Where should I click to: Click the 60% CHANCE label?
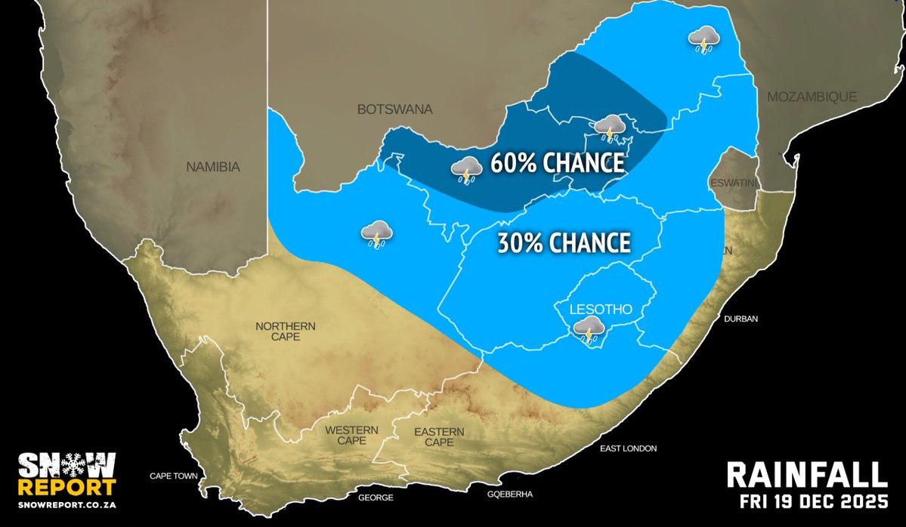click(557, 163)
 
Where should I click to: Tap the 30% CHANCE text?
click(564, 242)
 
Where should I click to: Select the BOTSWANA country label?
click(394, 109)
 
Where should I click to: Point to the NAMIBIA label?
click(212, 167)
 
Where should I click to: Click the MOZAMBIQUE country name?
click(812, 97)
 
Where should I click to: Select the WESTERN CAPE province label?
click(351, 435)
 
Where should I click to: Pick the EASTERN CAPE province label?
click(439, 436)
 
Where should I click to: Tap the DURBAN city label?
click(742, 319)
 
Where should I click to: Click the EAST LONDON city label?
click(629, 448)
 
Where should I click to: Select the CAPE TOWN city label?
click(173, 476)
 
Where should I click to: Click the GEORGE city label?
click(376, 498)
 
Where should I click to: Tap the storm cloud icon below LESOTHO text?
click(588, 329)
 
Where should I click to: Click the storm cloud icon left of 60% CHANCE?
click(466, 170)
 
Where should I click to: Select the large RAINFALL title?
click(806, 476)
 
